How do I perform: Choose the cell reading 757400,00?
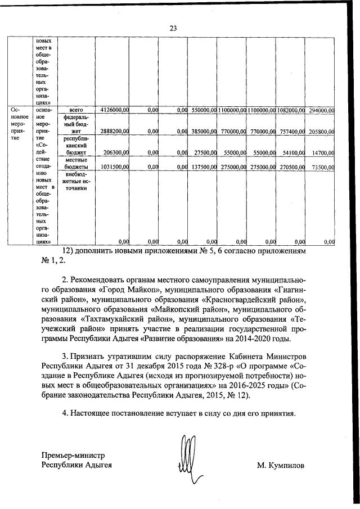pos(291,131)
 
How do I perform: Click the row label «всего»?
pos(75,111)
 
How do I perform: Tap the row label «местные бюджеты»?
pos(75,164)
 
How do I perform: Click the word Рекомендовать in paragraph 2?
pos(100,280)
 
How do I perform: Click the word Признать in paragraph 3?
pos(91,357)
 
